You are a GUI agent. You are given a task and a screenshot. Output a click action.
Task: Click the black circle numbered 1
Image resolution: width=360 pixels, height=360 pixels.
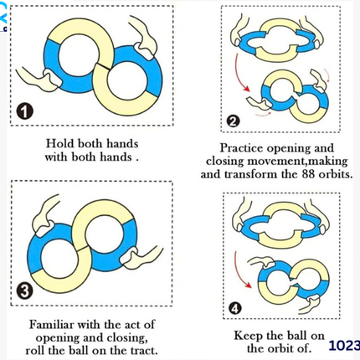[24, 111]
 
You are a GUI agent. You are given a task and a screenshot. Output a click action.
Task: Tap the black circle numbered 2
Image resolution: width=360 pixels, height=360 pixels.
[233, 121]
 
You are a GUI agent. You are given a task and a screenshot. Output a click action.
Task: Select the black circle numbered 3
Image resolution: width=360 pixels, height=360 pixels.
[24, 291]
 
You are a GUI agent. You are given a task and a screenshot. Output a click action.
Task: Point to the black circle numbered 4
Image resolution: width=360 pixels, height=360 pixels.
[235, 308]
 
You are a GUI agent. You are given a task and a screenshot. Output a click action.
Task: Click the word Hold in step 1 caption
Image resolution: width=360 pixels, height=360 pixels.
[59, 143]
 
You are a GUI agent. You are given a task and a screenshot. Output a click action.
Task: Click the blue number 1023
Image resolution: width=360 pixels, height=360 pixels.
[344, 346]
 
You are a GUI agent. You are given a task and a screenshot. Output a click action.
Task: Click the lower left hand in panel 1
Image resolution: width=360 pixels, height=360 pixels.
[39, 79]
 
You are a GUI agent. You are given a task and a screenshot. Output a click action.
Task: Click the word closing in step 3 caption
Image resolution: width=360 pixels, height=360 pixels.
[127, 337]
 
